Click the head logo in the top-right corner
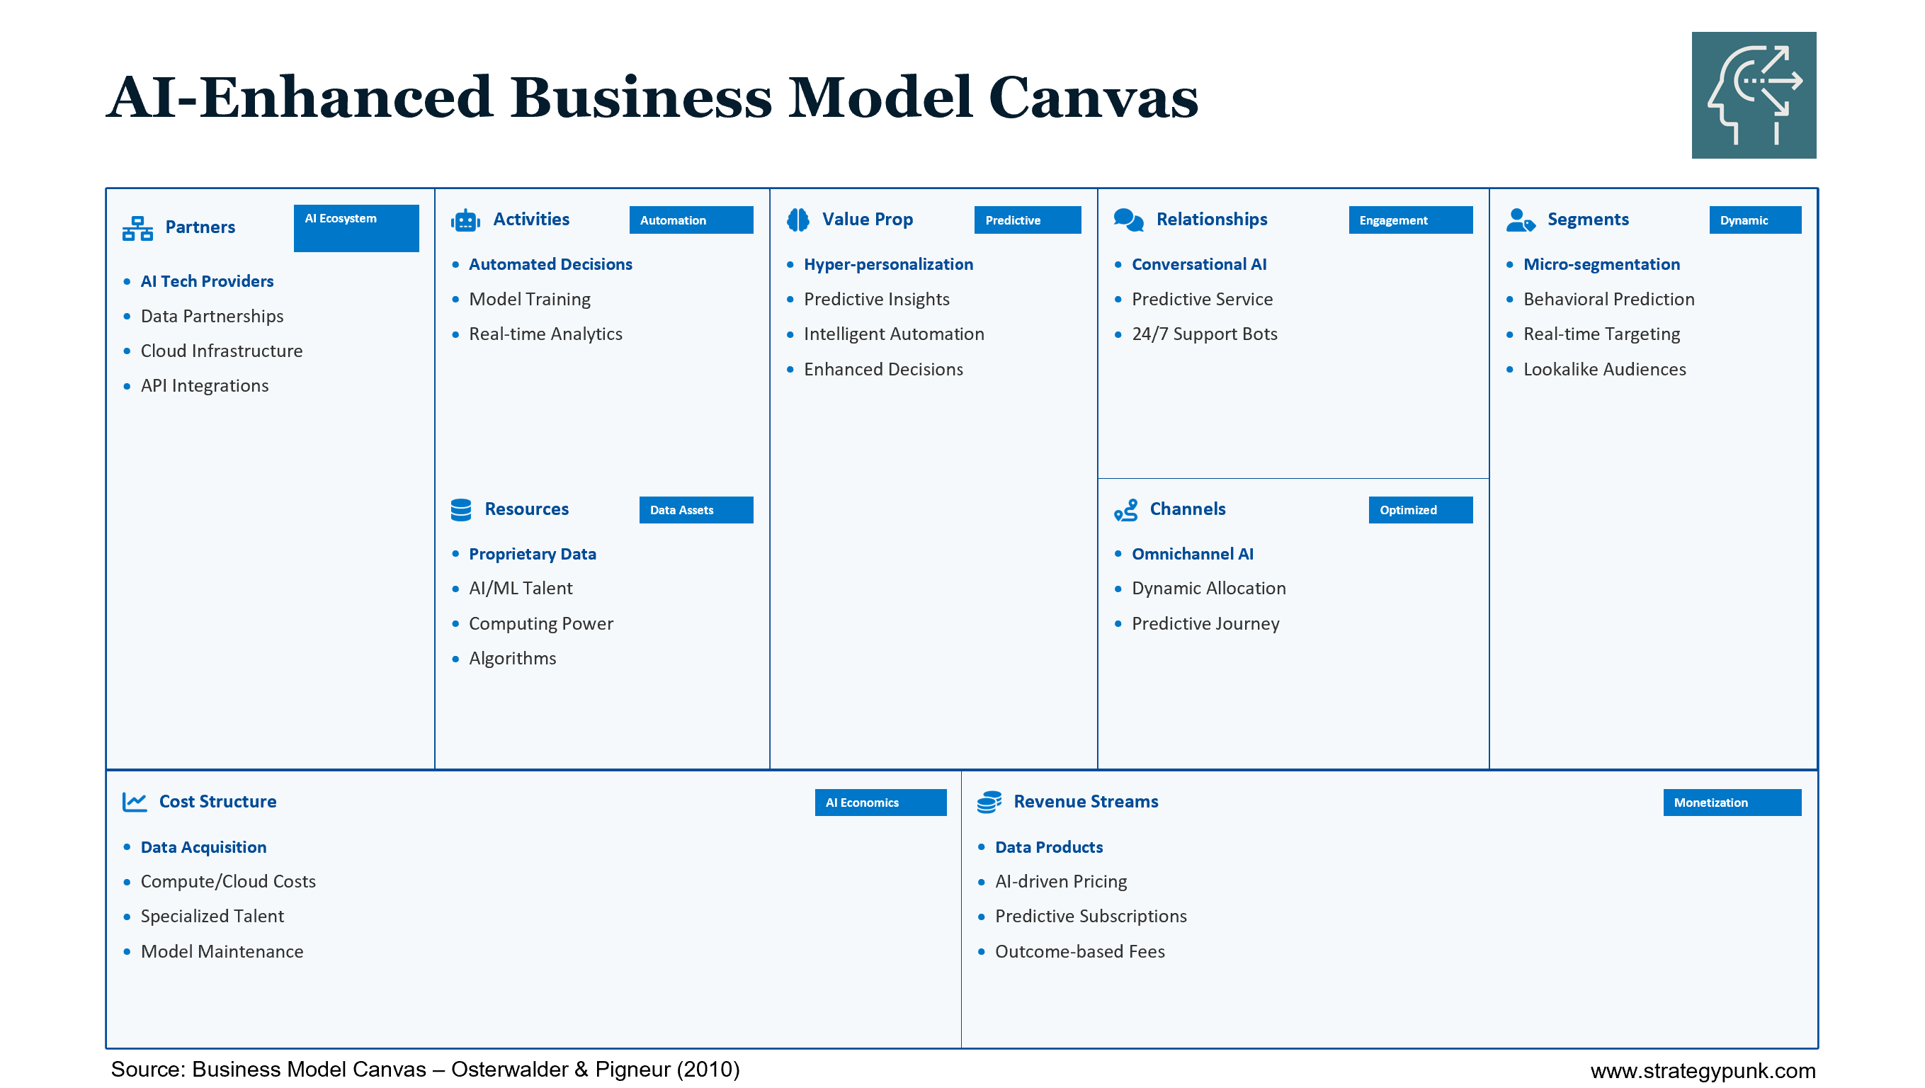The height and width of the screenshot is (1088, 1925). [x=1753, y=95]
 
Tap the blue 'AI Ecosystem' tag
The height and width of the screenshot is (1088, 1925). [x=356, y=227]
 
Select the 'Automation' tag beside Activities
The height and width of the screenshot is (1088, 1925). [x=691, y=220]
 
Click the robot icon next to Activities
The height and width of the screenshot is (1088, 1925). [x=465, y=220]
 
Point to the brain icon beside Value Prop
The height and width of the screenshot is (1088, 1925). [x=798, y=220]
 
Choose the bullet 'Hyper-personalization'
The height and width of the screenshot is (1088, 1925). [x=887, y=263]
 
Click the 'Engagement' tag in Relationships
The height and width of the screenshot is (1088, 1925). [x=1410, y=220]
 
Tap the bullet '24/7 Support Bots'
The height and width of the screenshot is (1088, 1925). [x=1204, y=334]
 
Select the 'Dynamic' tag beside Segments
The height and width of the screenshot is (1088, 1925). [x=1754, y=220]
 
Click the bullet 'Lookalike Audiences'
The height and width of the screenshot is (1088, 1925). [x=1603, y=369]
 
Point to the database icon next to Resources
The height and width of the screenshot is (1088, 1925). [x=461, y=509]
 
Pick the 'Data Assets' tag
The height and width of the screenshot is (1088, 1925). [x=695, y=509]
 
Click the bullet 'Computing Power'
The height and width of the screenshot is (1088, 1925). [x=540, y=623]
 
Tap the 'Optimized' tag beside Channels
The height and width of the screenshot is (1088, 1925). [x=1420, y=509]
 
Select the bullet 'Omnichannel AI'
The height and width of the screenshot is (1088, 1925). [x=1192, y=554]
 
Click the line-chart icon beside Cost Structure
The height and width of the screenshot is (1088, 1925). [x=135, y=802]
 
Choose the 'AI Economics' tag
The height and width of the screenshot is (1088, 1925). [x=880, y=803]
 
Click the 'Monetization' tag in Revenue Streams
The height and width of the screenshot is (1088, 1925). [x=1732, y=803]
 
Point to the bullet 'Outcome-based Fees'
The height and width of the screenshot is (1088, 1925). [x=1079, y=951]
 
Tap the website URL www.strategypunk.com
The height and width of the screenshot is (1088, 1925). [x=1703, y=1070]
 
